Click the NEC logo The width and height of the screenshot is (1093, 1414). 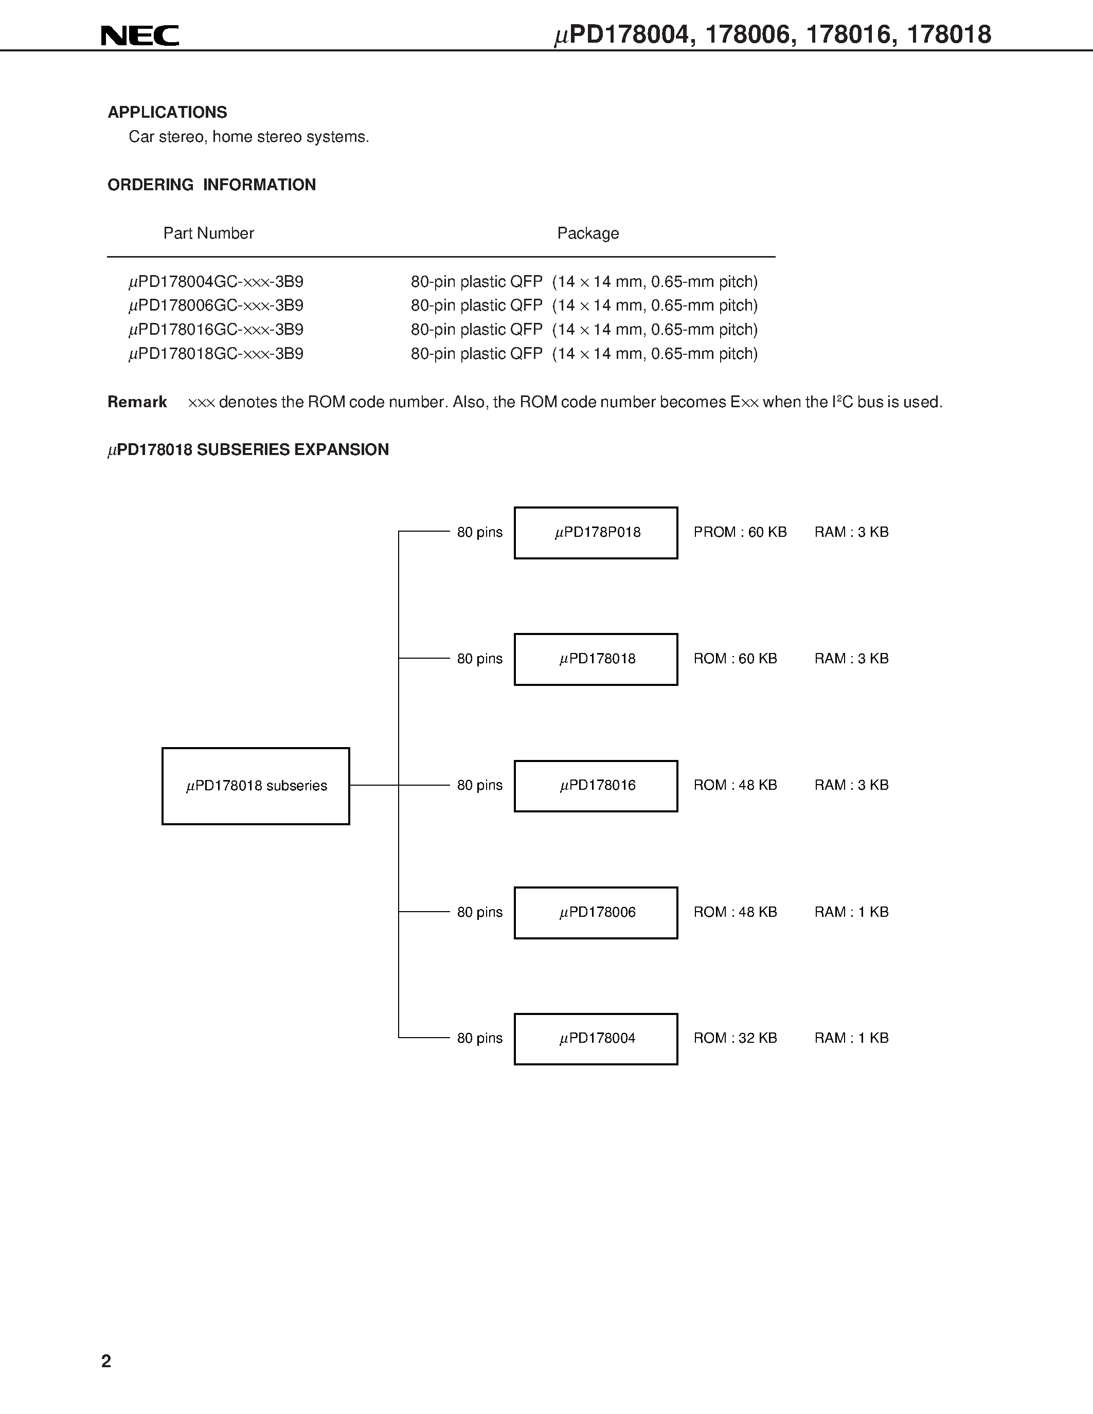(x=140, y=35)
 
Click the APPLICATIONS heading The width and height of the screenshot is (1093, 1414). (x=167, y=113)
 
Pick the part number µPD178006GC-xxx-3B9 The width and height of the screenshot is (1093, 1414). (x=216, y=305)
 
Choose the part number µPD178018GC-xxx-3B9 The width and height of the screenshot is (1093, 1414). (x=216, y=354)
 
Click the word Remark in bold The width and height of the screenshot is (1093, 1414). (x=137, y=402)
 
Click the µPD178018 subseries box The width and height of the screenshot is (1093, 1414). (x=256, y=786)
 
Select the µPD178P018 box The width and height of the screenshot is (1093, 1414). (x=596, y=533)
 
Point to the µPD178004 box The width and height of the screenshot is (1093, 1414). (x=596, y=1039)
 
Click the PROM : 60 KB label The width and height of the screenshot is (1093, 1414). (x=740, y=532)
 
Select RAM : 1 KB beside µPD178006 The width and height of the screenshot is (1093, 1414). (x=851, y=912)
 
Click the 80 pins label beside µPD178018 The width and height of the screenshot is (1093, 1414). (x=479, y=659)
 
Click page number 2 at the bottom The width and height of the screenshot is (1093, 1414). (x=106, y=1361)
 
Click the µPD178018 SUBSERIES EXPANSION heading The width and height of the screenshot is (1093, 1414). (x=248, y=450)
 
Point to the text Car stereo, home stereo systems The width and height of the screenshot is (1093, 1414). (x=248, y=137)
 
